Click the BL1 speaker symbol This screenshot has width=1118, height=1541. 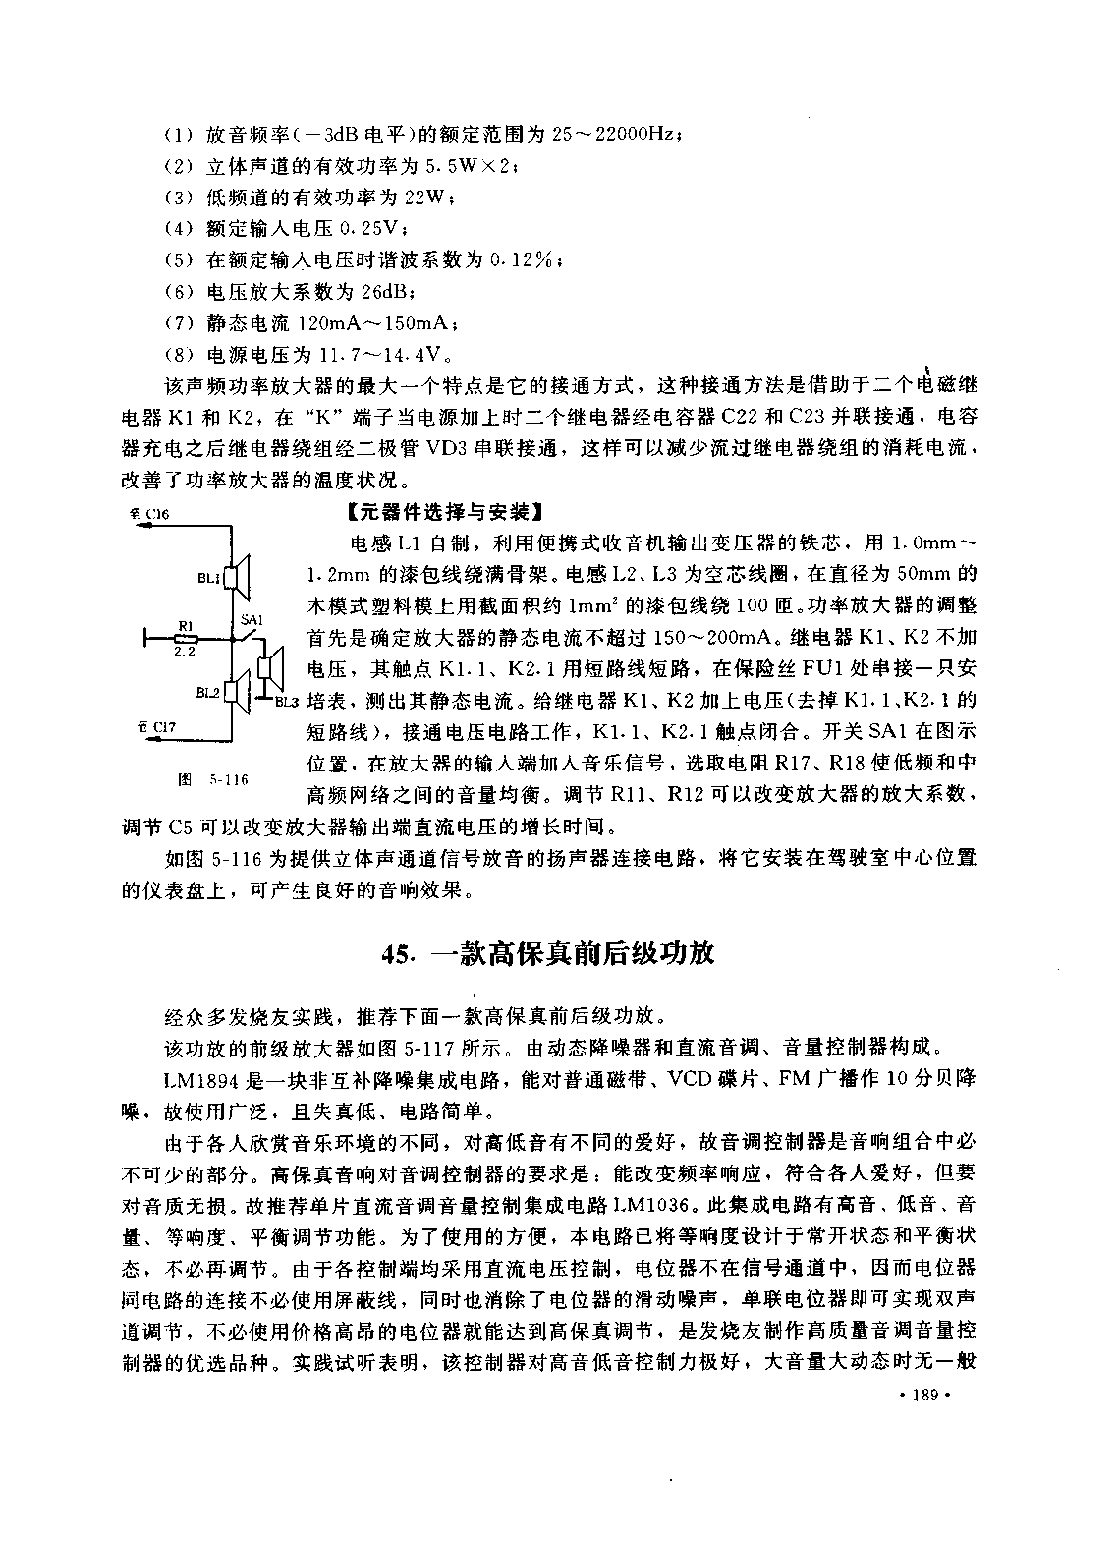click(240, 576)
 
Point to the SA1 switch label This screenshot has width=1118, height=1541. click(252, 620)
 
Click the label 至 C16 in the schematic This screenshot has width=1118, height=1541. click(149, 513)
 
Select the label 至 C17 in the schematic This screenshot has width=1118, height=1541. click(155, 727)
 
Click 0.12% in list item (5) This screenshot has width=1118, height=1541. click(526, 260)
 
